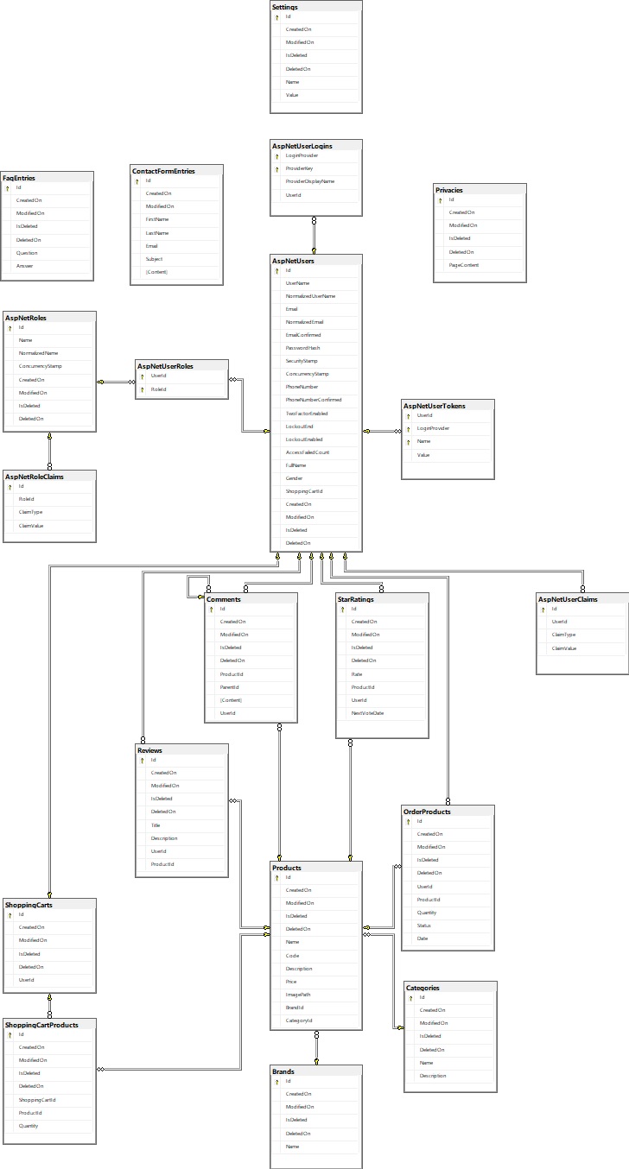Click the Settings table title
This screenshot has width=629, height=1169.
[285, 7]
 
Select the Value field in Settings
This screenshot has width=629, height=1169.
[292, 95]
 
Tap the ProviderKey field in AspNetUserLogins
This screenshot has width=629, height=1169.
[299, 168]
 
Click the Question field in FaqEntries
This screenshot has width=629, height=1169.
[27, 253]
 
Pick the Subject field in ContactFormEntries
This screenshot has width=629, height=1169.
[154, 259]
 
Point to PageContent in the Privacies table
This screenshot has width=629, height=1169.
[463, 265]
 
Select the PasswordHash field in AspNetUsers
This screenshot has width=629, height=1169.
[302, 348]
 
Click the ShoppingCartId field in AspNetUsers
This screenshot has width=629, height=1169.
[304, 491]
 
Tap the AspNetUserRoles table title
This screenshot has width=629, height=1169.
[165, 366]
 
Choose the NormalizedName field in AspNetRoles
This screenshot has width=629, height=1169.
[38, 353]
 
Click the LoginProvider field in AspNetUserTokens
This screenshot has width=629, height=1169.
[433, 428]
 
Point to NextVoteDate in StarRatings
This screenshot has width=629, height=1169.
[367, 713]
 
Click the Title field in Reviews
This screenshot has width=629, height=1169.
[156, 825]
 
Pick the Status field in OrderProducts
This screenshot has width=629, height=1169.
[424, 926]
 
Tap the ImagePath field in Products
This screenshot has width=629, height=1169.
[298, 995]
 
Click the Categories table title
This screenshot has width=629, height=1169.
[423, 988]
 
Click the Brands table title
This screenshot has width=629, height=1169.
[283, 1071]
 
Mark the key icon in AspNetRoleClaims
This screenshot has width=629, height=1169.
[10, 486]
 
